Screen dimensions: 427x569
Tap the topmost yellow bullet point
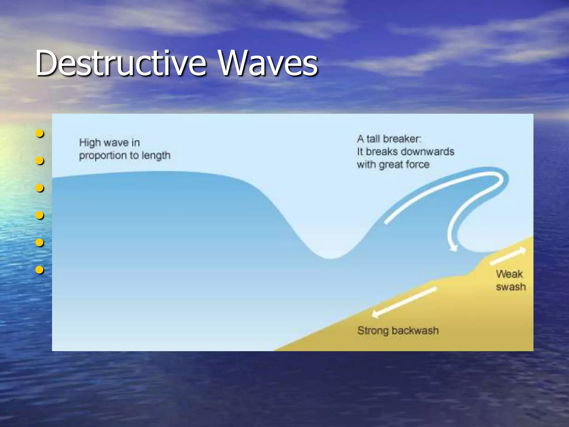[x=40, y=134]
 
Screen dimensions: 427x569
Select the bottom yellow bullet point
[x=40, y=270]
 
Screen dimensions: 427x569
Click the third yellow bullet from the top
[x=40, y=188]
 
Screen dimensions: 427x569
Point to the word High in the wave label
[x=90, y=143]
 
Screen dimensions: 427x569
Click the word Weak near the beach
[x=509, y=274]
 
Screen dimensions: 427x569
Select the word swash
[x=511, y=287]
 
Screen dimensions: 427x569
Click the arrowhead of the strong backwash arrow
[x=375, y=314]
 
